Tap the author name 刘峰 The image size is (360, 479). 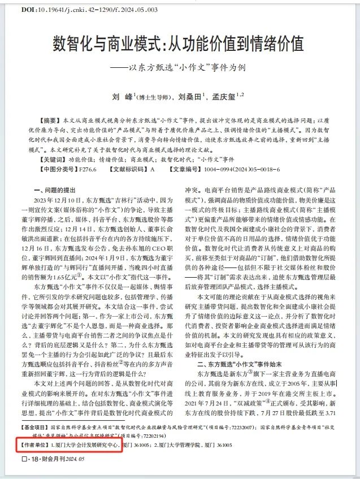pyautogui.click(x=120, y=97)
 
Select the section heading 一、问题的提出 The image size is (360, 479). pyautogui.click(x=55, y=190)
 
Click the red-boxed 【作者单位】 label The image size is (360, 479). pyautogui.click(x=35, y=461)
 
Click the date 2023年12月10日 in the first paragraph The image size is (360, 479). pyautogui.click(x=58, y=200)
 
